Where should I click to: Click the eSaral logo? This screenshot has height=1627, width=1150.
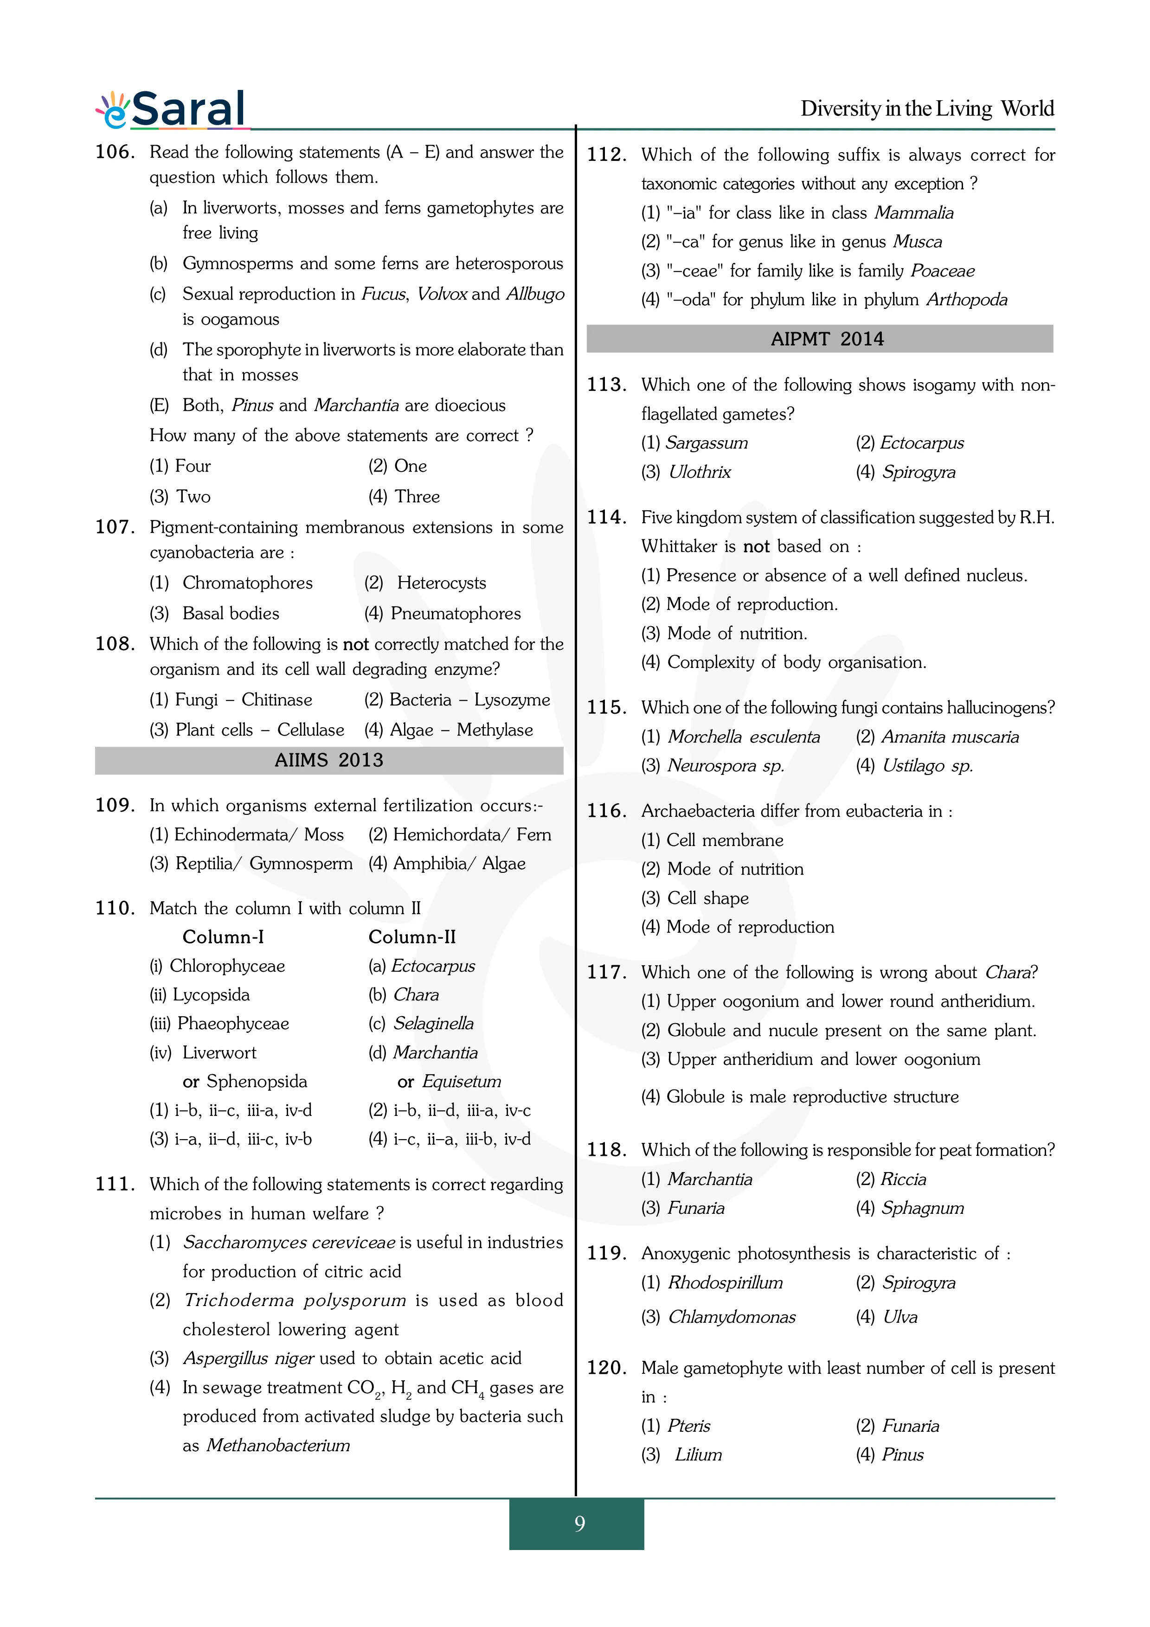pos(172,110)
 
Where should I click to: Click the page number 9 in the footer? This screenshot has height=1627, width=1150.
pos(579,1524)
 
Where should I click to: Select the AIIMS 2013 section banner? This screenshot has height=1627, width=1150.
pos(329,760)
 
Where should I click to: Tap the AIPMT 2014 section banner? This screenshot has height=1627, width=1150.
pos(820,339)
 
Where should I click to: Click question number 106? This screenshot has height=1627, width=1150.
pos(115,152)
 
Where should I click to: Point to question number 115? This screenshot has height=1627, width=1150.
pos(606,707)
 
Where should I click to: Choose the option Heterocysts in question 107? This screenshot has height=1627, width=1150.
pos(441,583)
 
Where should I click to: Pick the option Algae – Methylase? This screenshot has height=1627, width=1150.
pos(494,730)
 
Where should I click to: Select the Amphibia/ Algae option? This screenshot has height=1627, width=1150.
pos(458,864)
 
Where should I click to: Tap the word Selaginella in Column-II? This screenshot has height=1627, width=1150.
pos(433,1024)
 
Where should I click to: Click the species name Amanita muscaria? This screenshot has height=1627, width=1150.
pos(950,737)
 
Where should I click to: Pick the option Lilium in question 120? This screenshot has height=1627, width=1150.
pos(698,1455)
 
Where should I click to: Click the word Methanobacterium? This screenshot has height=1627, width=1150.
pos(278,1446)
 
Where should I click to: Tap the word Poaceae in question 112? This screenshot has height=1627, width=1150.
pos(942,271)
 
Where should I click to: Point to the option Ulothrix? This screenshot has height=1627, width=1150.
pos(700,472)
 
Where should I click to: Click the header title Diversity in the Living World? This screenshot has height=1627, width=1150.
pos(927,109)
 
